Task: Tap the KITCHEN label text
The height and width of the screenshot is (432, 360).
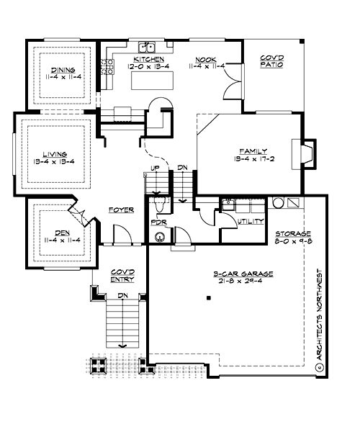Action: (x=146, y=59)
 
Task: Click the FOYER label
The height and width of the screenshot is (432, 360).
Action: (x=122, y=210)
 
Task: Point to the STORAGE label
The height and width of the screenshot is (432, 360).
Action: (x=293, y=234)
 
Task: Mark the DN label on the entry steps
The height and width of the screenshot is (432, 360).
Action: (x=122, y=296)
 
